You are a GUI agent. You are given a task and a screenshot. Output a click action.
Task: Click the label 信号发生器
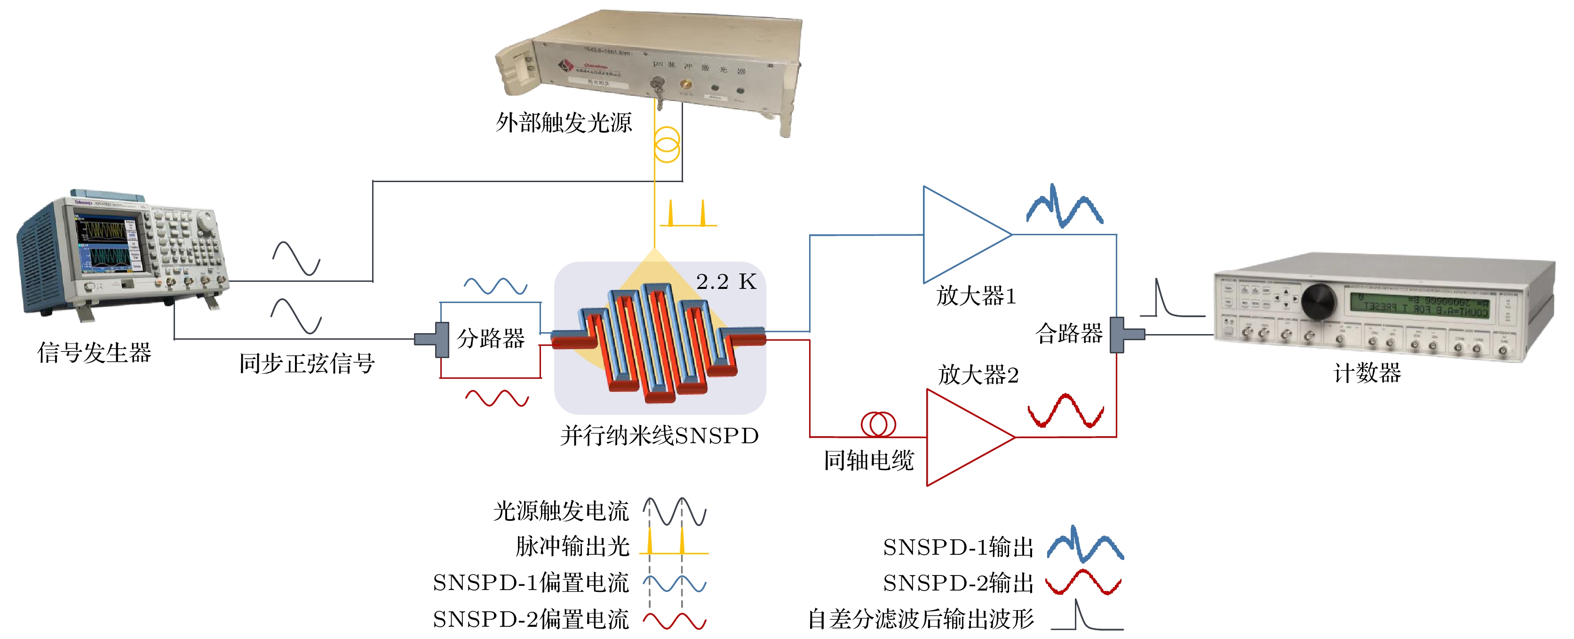click(94, 353)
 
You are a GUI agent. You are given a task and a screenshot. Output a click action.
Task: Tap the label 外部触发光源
click(564, 122)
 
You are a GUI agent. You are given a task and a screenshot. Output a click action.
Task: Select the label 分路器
click(491, 338)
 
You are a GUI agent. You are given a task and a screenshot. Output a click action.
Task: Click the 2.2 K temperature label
click(726, 282)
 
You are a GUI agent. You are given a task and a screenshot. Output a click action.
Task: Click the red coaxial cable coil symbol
click(878, 424)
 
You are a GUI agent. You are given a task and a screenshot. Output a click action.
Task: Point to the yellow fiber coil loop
click(667, 144)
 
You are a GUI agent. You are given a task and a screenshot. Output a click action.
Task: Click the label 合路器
click(1069, 333)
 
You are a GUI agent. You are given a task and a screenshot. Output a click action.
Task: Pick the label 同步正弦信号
click(307, 364)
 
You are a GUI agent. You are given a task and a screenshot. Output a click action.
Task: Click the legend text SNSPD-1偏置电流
click(530, 583)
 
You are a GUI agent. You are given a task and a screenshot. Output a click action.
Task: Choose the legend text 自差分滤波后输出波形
click(921, 619)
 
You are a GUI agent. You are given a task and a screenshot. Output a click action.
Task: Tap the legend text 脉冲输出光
click(572, 546)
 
